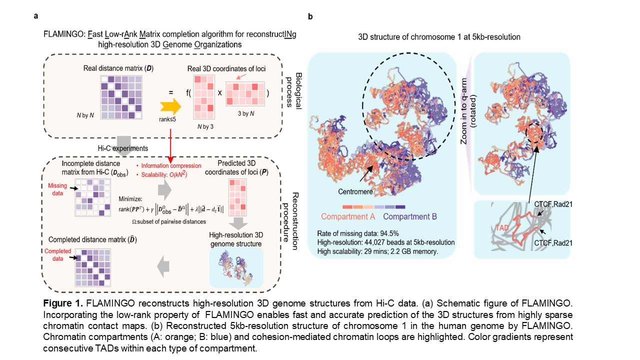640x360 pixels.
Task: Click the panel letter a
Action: click(36, 16)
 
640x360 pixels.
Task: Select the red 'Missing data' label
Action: click(57, 188)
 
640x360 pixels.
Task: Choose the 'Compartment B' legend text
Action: click(411, 216)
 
